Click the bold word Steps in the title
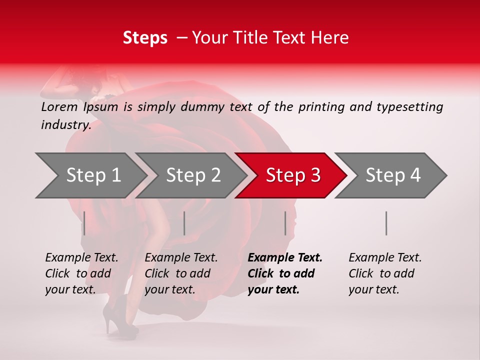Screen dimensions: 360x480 coord(145,38)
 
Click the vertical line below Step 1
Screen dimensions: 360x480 coord(84,223)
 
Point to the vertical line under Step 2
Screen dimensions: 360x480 coord(184,223)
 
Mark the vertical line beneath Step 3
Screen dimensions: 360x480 coord(285,223)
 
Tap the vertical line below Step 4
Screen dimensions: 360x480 coord(386,223)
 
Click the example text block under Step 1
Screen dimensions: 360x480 coord(81,273)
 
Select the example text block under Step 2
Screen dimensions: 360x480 coord(181,273)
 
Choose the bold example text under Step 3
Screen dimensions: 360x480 coord(285,273)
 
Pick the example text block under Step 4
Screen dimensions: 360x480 coord(385,273)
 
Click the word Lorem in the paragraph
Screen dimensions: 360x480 coord(59,107)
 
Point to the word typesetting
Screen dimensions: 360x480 coord(409,107)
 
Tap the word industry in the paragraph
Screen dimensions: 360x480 coord(65,125)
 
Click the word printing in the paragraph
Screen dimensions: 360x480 coord(320,107)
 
